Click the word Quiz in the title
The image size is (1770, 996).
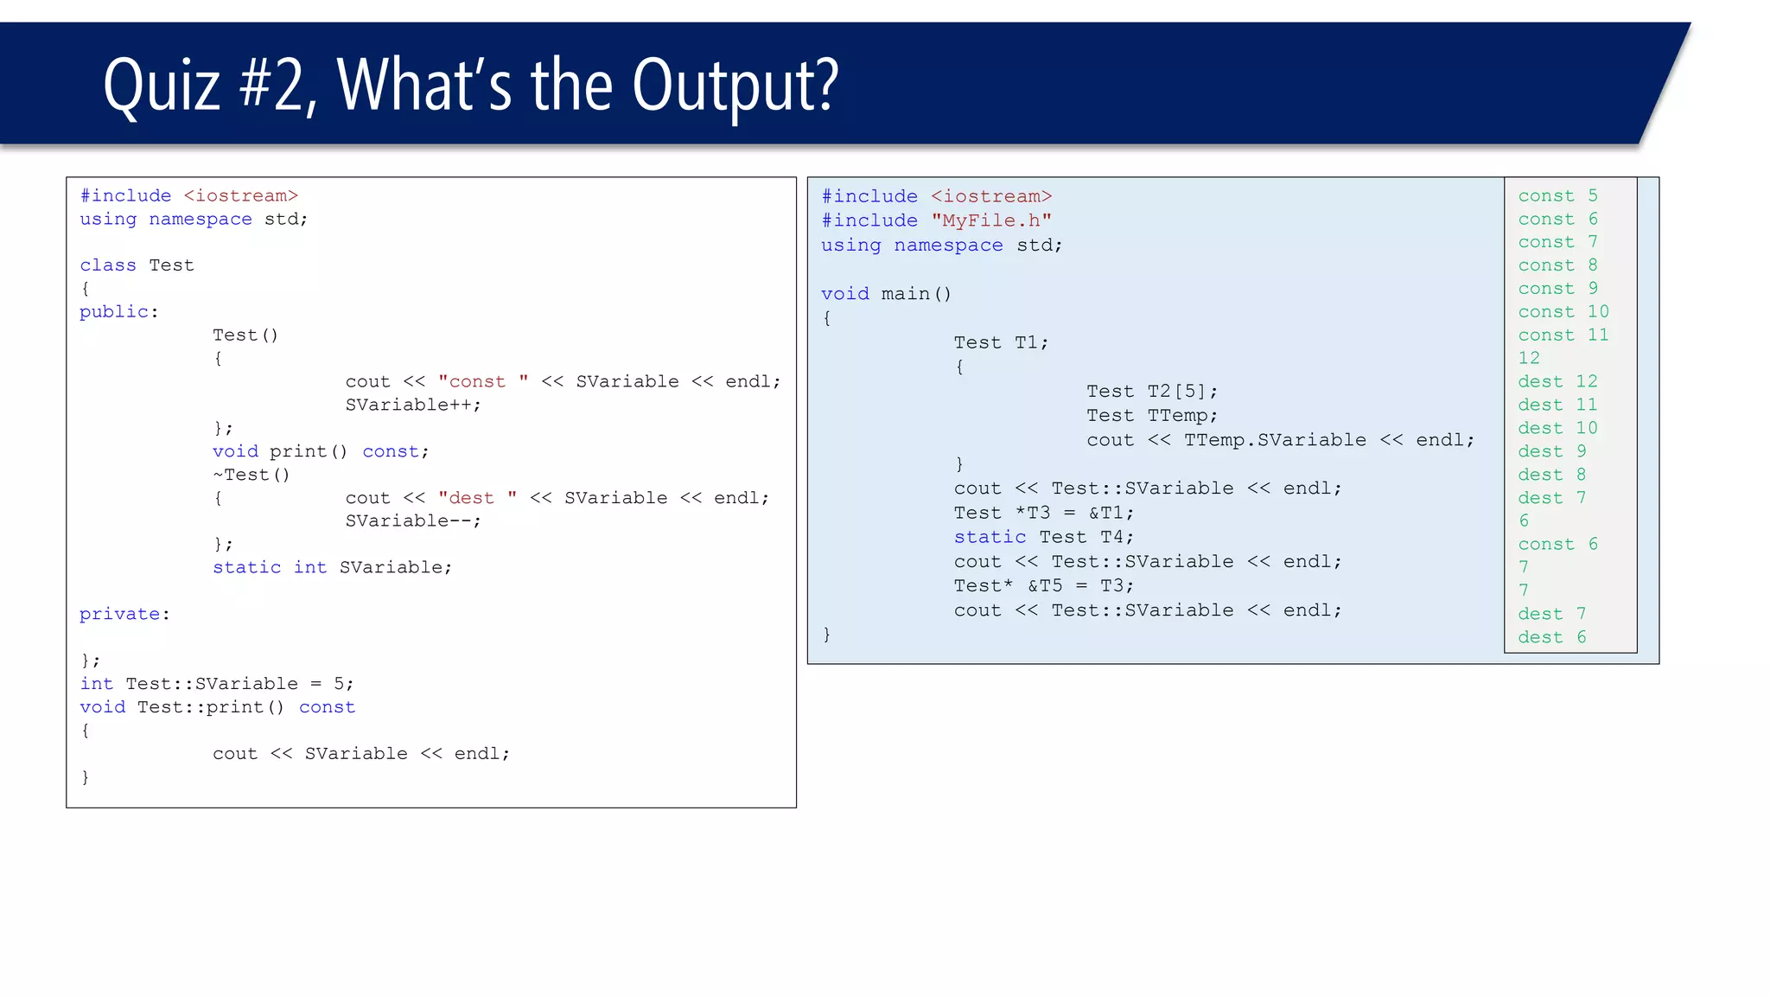(162, 86)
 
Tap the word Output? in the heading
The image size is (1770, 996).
(735, 86)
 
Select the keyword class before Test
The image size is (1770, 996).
(108, 265)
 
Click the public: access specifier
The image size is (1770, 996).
(119, 312)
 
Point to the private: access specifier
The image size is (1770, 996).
(124, 615)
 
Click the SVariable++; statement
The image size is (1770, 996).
(413, 405)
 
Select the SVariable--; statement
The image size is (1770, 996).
(413, 521)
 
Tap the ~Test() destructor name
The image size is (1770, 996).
(251, 475)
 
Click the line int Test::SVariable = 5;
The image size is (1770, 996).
(217, 684)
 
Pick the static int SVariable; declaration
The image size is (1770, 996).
(332, 568)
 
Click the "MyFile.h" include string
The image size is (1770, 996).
(991, 221)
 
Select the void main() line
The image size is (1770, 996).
(886, 294)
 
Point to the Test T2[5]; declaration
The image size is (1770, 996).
(1152, 392)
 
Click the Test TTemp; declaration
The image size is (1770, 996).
(1152, 416)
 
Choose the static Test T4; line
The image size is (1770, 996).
(1043, 537)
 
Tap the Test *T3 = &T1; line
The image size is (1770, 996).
(1043, 513)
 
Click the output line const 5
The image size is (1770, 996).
(1557, 196)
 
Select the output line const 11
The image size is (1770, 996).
(1563, 335)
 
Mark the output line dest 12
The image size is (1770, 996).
(1557, 382)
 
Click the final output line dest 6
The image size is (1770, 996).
(1552, 638)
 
